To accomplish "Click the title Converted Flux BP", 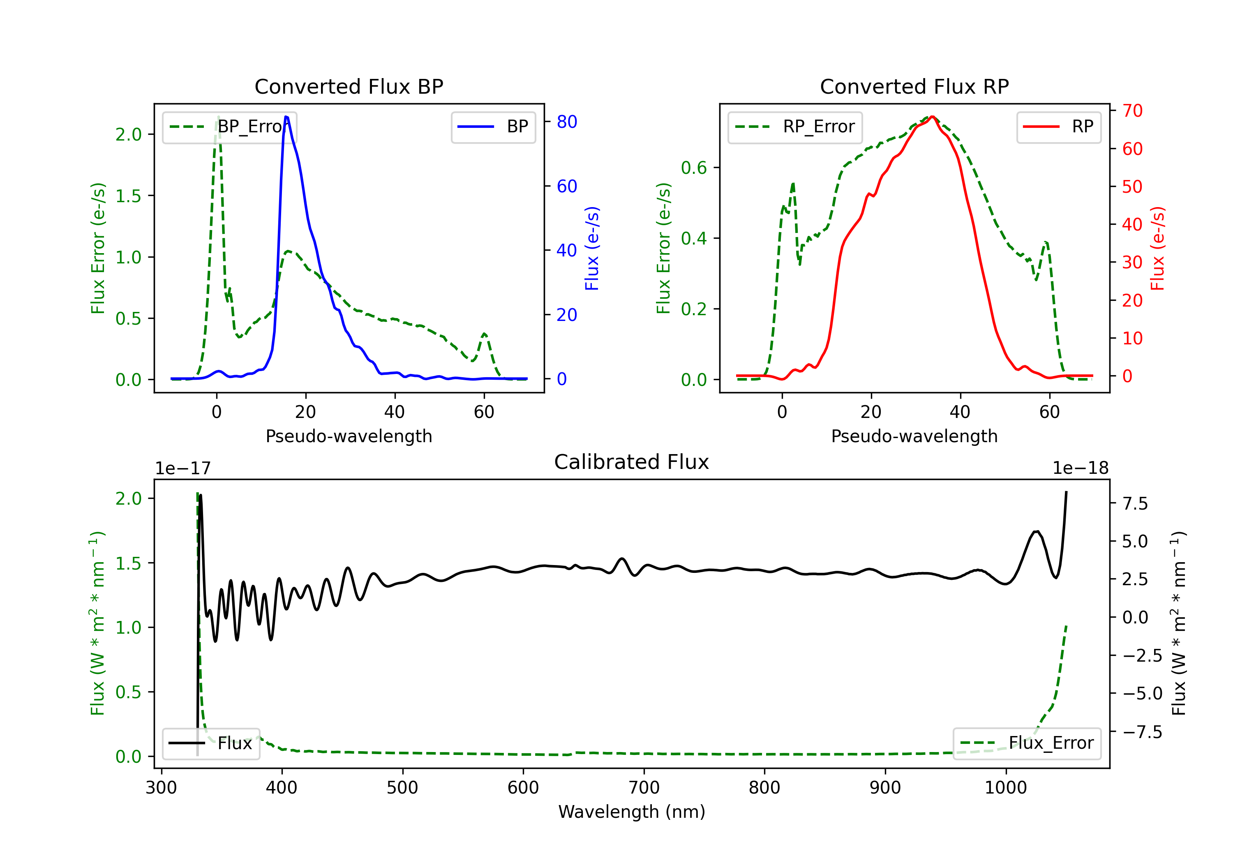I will (349, 86).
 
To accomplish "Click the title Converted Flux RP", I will (914, 86).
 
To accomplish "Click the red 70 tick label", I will (1132, 111).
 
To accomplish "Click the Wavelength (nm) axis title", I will (632, 812).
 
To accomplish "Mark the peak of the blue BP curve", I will (286, 117).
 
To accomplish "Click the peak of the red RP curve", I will (932, 117).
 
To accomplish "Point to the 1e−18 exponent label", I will (1081, 468).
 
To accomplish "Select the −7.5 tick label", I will (1142, 732).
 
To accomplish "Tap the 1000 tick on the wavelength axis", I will (1005, 788).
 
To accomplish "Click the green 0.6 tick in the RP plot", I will (693, 168).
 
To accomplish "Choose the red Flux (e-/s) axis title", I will (1157, 248).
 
